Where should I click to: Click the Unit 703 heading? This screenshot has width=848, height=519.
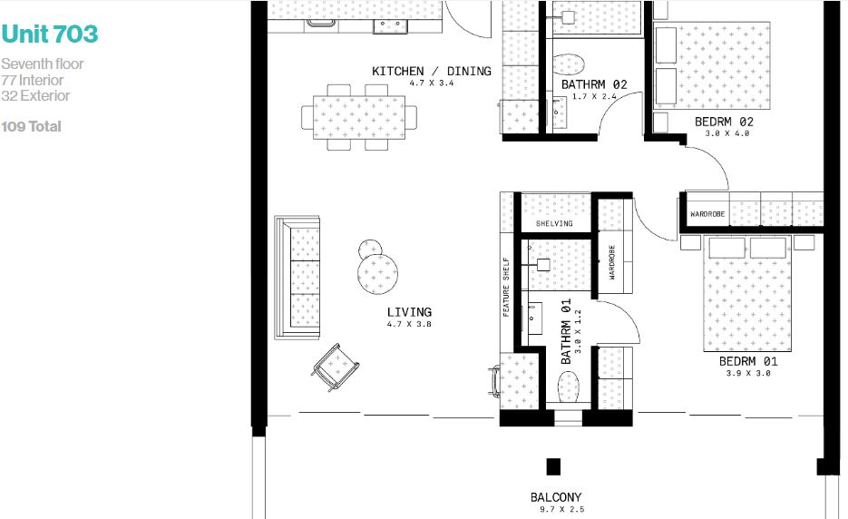50,34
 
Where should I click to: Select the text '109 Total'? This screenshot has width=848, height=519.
32,127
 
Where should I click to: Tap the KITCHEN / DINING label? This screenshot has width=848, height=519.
432,71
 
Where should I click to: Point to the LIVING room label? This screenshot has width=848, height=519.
409,312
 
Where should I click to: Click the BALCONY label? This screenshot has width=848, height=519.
556,497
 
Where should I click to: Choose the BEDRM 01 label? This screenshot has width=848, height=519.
748,361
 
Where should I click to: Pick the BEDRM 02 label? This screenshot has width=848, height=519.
724,122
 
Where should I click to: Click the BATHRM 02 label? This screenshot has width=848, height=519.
594,84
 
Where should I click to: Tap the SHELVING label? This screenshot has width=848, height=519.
554,223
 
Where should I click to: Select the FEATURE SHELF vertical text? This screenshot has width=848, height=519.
506,287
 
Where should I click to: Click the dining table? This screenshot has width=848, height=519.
359,117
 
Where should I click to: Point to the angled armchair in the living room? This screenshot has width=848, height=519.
336,367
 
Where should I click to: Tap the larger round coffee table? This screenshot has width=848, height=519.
378,273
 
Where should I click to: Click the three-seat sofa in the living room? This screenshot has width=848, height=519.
297,278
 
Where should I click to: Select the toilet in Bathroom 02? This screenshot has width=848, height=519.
569,64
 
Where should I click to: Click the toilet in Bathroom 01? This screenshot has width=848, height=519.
569,387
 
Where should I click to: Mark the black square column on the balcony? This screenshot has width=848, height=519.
553,466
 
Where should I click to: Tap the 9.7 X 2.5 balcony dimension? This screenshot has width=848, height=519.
562,509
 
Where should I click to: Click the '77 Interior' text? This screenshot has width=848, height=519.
33,80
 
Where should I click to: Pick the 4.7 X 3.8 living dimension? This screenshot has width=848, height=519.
409,324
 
